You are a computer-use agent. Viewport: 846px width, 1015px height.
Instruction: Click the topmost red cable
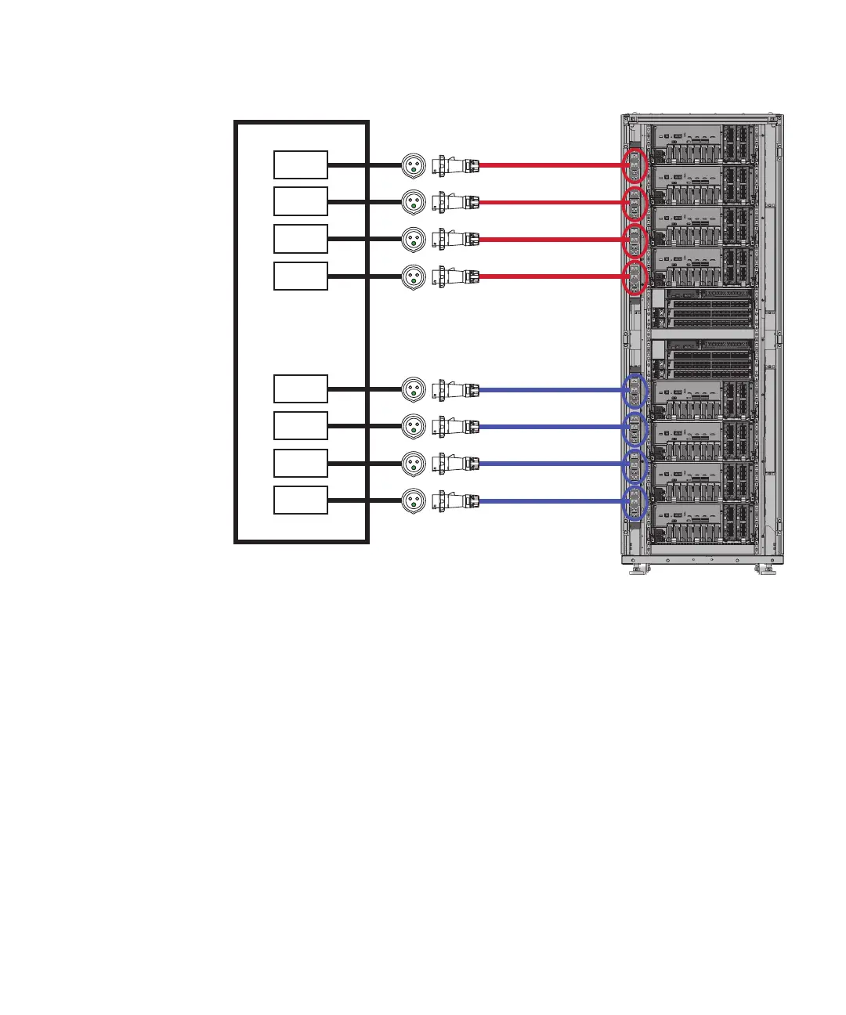548,165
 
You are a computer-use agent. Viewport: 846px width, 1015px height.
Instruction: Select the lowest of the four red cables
548,276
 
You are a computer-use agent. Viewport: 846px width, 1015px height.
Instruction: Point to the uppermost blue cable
548,389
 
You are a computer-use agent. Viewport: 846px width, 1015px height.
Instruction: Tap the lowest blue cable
548,500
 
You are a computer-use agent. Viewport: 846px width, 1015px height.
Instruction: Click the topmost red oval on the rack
634,166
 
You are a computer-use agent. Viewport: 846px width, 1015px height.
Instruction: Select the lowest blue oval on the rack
634,502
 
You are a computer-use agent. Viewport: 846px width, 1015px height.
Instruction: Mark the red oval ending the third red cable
634,240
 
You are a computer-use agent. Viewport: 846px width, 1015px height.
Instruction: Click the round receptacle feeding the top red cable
414,165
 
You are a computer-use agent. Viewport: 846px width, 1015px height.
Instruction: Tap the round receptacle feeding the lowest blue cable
414,500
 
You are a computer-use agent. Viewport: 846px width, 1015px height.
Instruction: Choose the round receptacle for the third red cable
414,239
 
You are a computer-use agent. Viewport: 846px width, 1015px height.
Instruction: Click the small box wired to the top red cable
301,165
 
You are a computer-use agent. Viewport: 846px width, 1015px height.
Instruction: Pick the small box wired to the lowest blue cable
301,500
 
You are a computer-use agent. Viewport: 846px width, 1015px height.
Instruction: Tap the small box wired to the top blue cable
301,389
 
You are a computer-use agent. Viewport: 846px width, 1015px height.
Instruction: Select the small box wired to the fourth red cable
301,276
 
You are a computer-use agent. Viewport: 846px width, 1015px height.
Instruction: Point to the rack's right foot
765,569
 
